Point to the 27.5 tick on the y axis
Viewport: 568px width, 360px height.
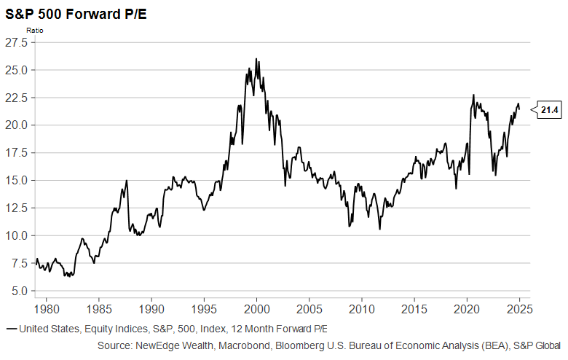(16, 42)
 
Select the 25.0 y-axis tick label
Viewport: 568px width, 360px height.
(16, 70)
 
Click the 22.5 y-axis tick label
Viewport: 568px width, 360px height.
(16, 98)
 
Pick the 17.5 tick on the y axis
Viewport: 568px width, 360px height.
(16, 153)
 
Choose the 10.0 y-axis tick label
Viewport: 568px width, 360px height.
(16, 236)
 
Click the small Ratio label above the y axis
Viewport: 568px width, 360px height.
(35, 30)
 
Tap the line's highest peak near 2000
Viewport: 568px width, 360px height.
(256, 59)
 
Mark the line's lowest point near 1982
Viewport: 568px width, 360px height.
(66, 276)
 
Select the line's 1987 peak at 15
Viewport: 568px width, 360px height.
(126, 180)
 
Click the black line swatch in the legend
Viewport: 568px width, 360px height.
(10, 329)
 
